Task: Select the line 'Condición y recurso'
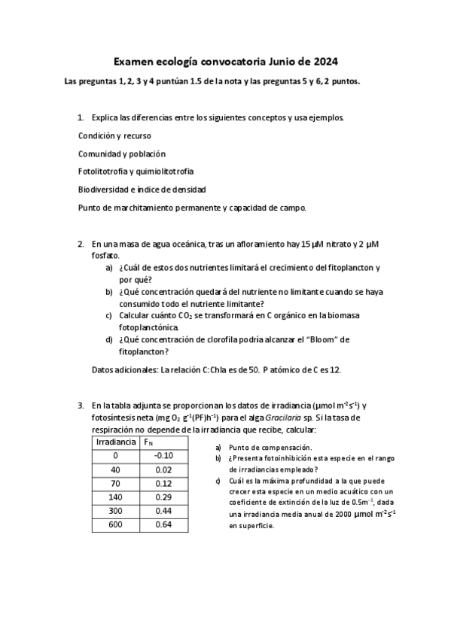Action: click(x=114, y=135)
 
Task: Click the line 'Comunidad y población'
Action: click(x=121, y=153)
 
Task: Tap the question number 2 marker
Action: click(x=81, y=245)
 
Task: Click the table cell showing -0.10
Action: click(x=163, y=455)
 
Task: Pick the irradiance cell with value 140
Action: click(x=116, y=497)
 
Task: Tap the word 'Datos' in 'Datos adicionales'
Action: click(x=102, y=370)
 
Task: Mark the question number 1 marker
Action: click(x=81, y=118)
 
